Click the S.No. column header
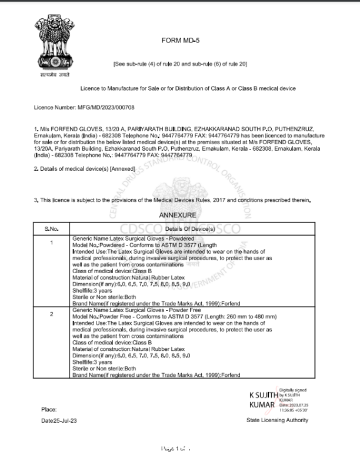point(51,228)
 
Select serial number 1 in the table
point(51,243)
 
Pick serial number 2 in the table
point(51,314)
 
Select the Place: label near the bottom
point(49,409)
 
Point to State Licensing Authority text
point(277,420)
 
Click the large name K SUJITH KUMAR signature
point(262,400)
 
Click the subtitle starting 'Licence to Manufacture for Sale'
point(188,88)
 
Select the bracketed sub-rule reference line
point(180,64)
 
